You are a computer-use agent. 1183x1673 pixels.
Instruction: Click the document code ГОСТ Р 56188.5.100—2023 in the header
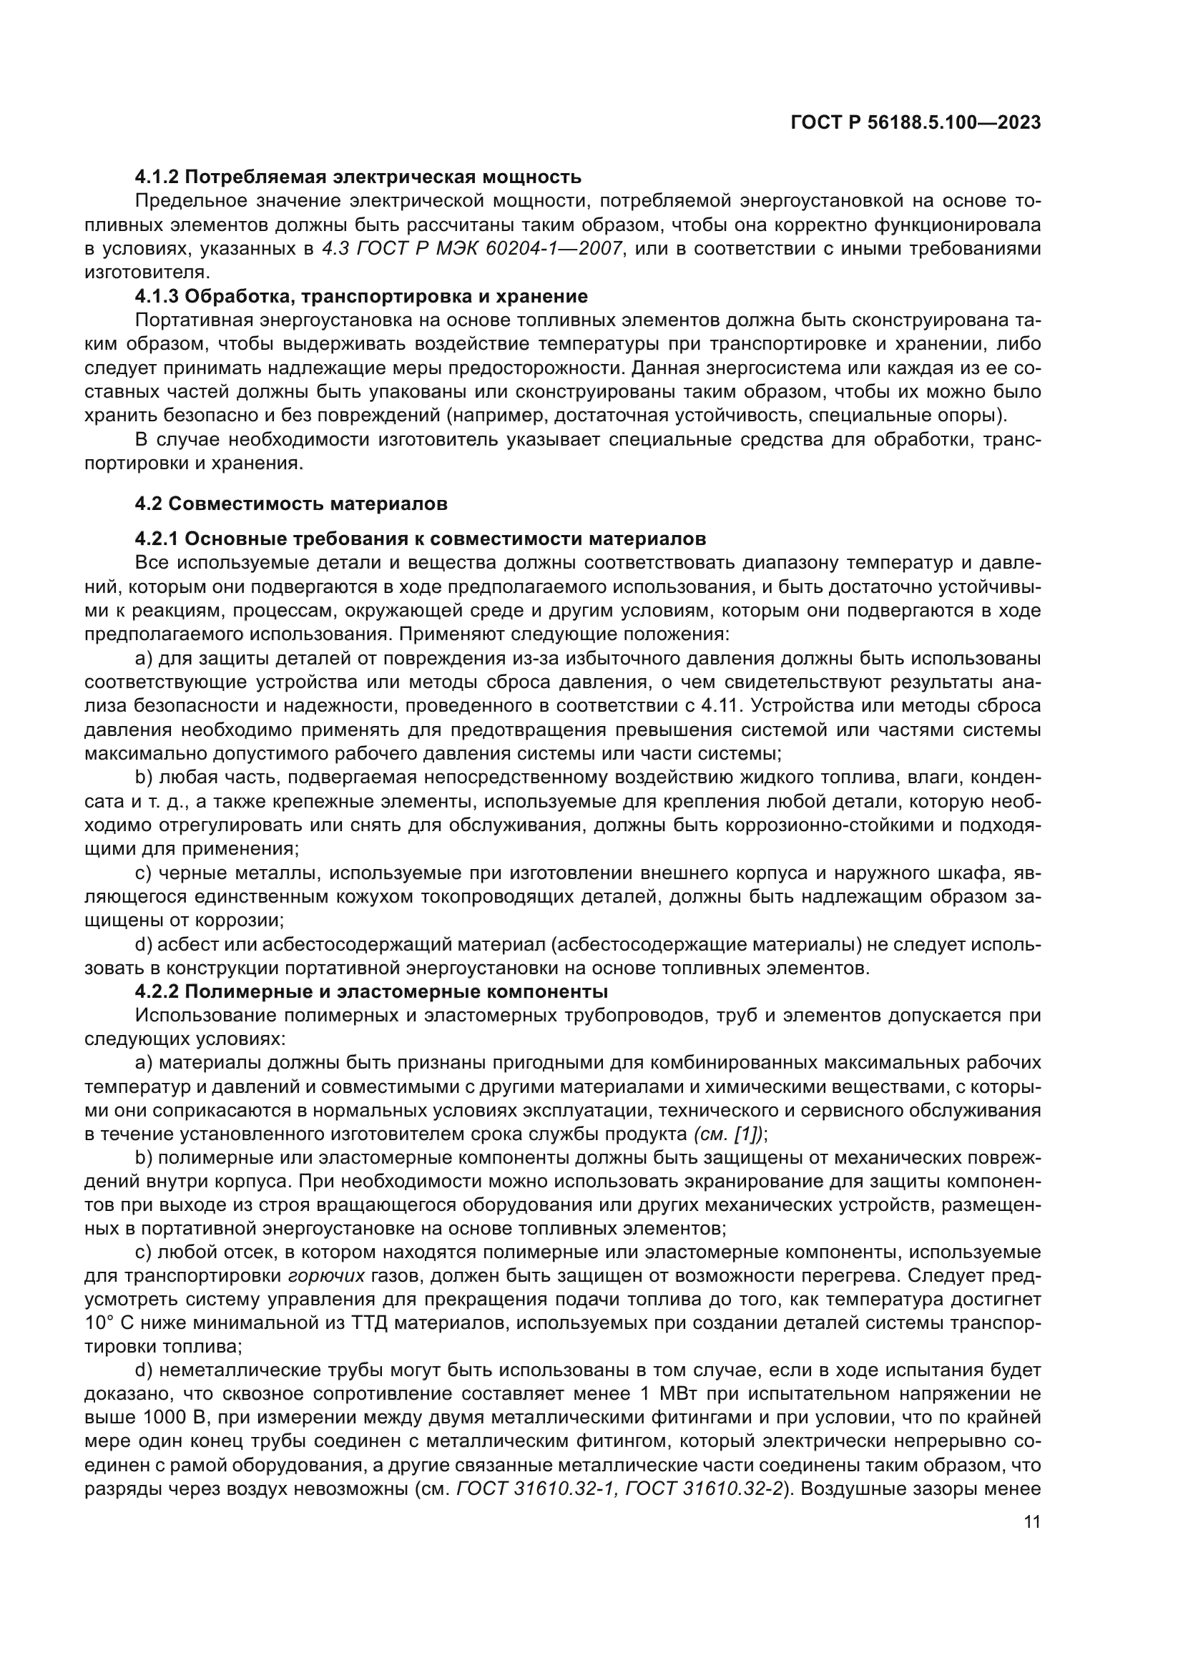point(915,123)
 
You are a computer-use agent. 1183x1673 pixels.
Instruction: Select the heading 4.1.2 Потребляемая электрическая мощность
point(358,177)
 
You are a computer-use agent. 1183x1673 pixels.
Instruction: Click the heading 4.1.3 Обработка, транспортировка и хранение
point(360,297)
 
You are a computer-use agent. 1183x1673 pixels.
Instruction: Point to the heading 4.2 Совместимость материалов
point(290,504)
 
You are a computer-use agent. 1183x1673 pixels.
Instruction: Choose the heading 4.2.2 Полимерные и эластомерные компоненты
point(371,991)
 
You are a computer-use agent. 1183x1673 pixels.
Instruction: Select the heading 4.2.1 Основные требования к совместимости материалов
point(421,539)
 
